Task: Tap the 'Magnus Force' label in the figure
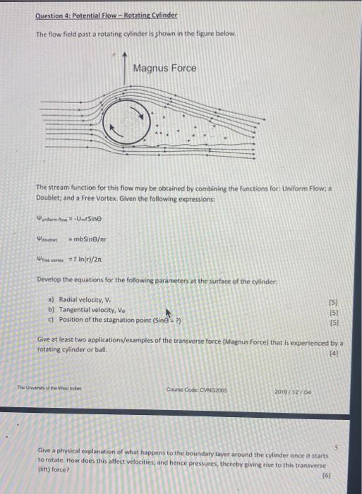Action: (x=164, y=68)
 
